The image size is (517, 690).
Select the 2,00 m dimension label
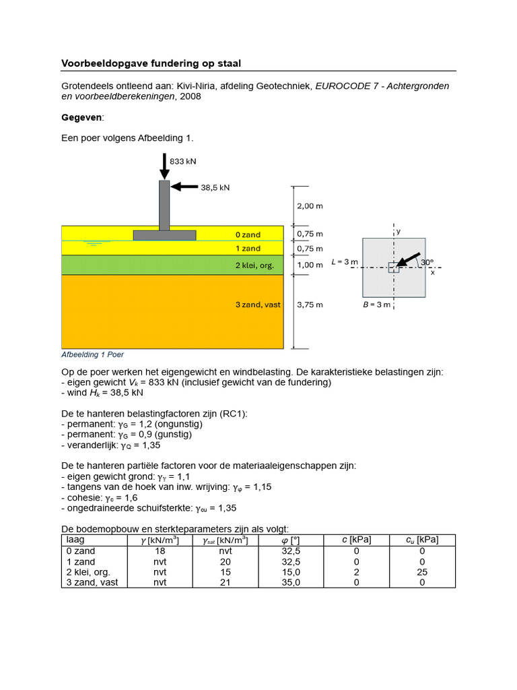click(310, 206)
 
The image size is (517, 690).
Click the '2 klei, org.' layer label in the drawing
click(254, 265)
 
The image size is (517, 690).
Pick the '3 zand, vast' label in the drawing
click(258, 305)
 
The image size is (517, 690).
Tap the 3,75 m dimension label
click(310, 305)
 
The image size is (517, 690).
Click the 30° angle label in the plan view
click(427, 262)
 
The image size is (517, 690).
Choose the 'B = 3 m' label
click(377, 305)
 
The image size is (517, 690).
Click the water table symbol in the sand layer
click(91, 243)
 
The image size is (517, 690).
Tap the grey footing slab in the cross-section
click(164, 235)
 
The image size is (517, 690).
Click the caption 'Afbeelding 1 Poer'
click(92, 354)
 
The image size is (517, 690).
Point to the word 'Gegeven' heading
click(82, 117)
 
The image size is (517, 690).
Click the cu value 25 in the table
click(422, 572)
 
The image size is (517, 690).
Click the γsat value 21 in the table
click(226, 583)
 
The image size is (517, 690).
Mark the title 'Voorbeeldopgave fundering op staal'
click(151, 63)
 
